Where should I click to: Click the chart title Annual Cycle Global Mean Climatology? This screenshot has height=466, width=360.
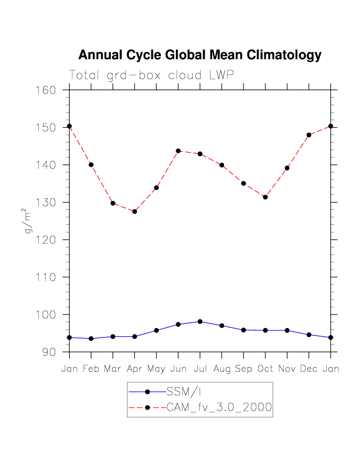[200, 55]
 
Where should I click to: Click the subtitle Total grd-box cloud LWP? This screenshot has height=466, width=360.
[151, 75]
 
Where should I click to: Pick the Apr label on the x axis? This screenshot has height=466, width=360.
[134, 369]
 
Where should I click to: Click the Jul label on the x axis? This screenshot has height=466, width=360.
[200, 369]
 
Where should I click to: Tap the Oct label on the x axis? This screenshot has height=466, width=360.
[265, 369]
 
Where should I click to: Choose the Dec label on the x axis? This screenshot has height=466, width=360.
[309, 369]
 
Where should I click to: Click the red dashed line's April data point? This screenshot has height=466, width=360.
[134, 211]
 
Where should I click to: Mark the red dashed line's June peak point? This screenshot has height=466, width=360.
[178, 151]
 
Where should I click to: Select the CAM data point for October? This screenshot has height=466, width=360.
[265, 197]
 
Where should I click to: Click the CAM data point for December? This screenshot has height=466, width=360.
[309, 135]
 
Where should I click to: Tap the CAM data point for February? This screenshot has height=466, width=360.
[91, 165]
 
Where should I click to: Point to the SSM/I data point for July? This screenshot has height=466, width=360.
[200, 321]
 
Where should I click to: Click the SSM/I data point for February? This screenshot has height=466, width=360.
[91, 338]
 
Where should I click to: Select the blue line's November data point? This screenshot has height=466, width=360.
[287, 330]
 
